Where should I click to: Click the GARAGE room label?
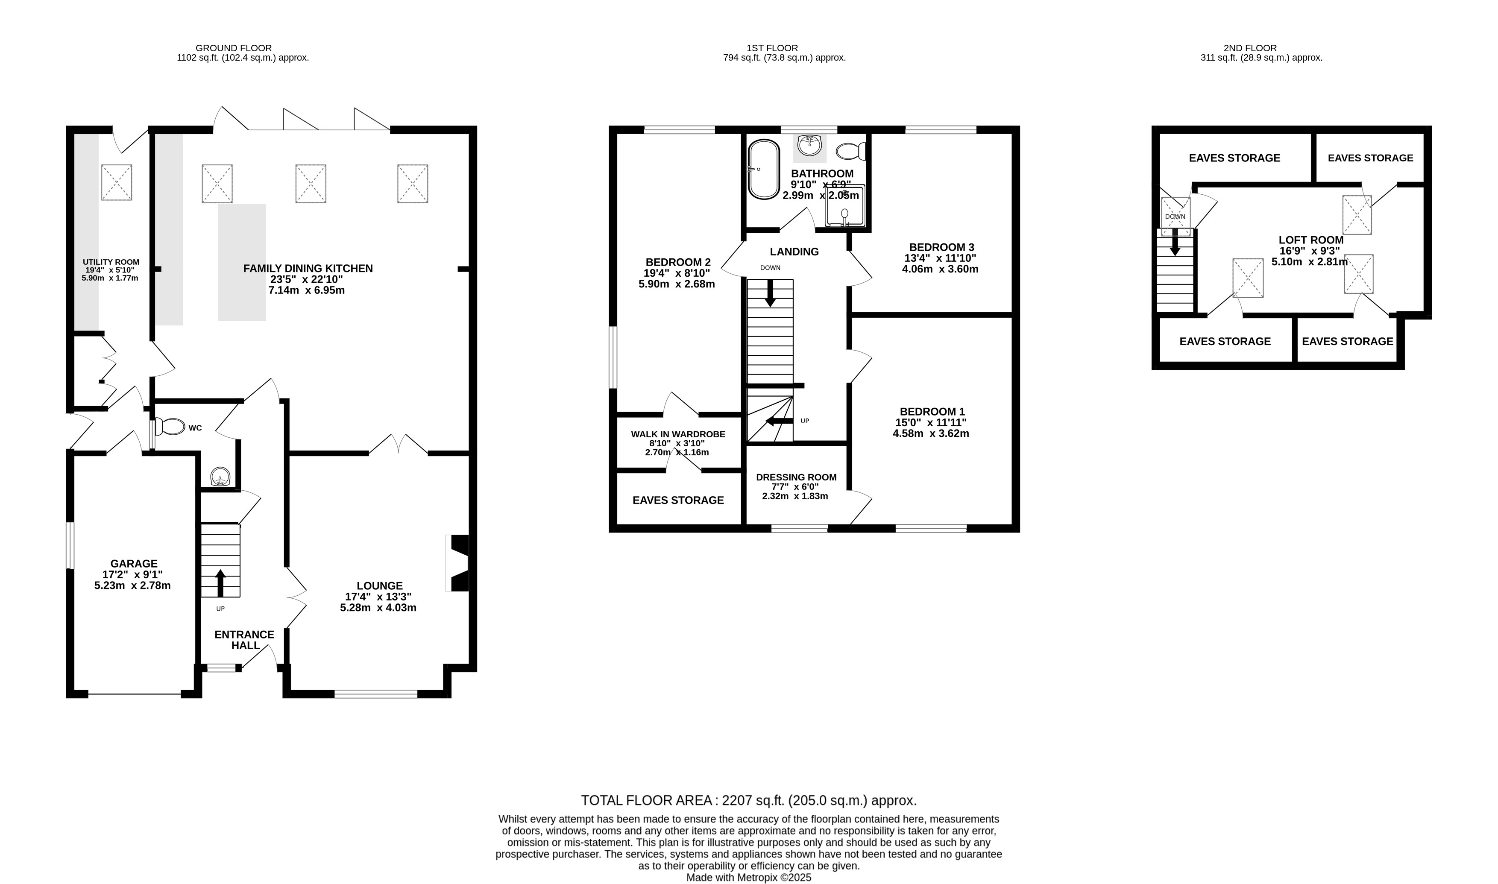(x=134, y=564)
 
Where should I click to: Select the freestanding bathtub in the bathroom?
(x=763, y=169)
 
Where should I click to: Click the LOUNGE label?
(x=380, y=585)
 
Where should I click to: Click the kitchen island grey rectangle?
(x=242, y=263)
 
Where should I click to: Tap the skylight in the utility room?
(x=116, y=182)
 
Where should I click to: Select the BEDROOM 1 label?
(x=932, y=412)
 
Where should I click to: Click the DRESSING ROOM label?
(x=796, y=477)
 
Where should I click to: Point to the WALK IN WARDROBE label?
(x=678, y=434)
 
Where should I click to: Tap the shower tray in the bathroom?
(x=844, y=206)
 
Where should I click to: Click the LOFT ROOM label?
(x=1311, y=240)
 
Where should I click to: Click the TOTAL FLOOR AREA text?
(x=749, y=800)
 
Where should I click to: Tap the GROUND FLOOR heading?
(x=234, y=48)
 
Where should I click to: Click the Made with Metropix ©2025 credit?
(x=749, y=878)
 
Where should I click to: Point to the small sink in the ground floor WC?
(x=220, y=477)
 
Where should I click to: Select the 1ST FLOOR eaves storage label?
(x=678, y=501)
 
